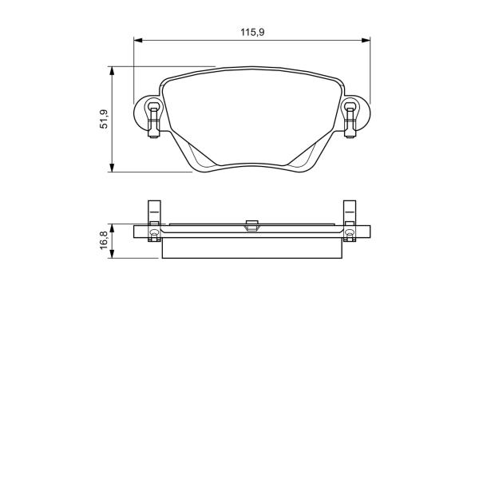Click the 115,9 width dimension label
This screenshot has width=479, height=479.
click(252, 32)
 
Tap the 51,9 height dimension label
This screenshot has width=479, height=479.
click(104, 119)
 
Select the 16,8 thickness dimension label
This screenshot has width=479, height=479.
click(104, 240)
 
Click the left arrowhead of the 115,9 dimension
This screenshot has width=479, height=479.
click(138, 41)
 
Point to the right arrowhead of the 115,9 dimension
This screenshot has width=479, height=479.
click(366, 41)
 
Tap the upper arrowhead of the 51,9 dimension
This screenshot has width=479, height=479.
click(112, 71)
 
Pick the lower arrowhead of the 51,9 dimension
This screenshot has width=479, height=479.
click(112, 168)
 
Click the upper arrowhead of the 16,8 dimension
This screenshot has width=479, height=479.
click(112, 228)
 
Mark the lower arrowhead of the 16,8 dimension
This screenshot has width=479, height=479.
click(112, 254)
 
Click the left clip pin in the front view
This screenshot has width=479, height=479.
click(154, 120)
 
